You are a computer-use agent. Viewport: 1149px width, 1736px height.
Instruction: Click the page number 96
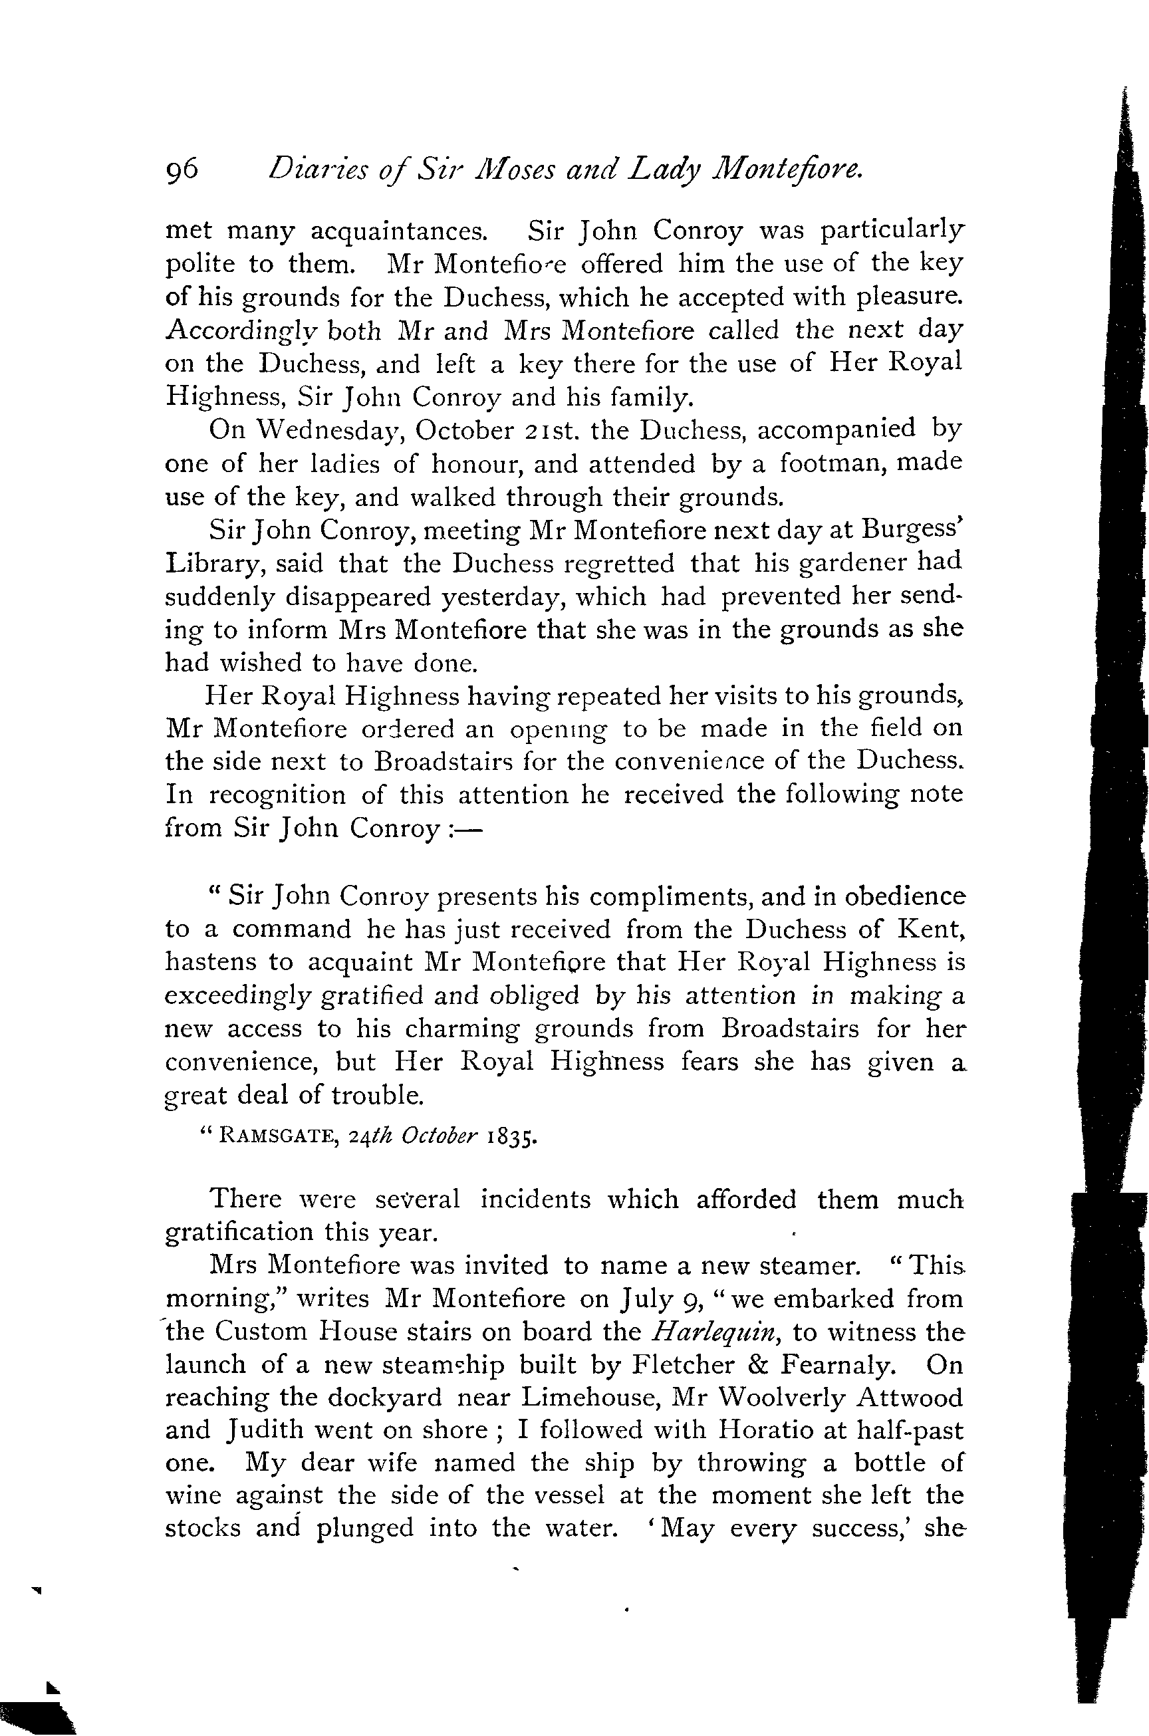[x=182, y=170]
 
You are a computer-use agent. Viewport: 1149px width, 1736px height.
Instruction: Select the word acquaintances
[x=399, y=231]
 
